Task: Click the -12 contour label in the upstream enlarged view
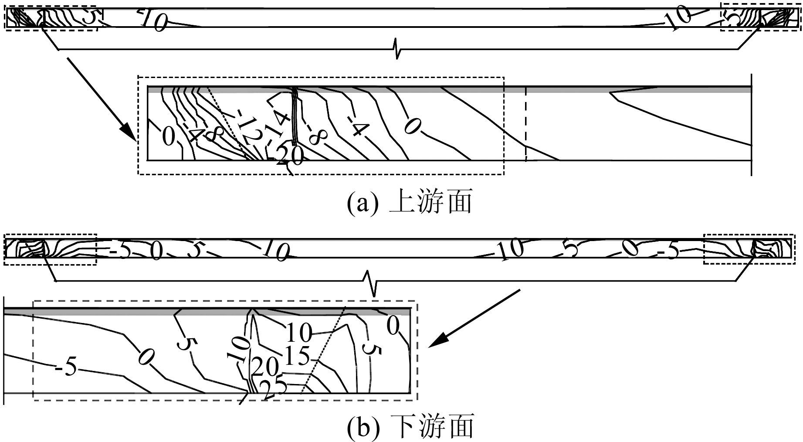click(248, 129)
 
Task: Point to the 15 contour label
click(298, 357)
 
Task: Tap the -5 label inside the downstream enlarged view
click(67, 368)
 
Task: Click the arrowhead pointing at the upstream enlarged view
click(129, 133)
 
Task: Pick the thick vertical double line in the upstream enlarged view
click(295, 116)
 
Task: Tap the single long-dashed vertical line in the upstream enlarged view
click(526, 124)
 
